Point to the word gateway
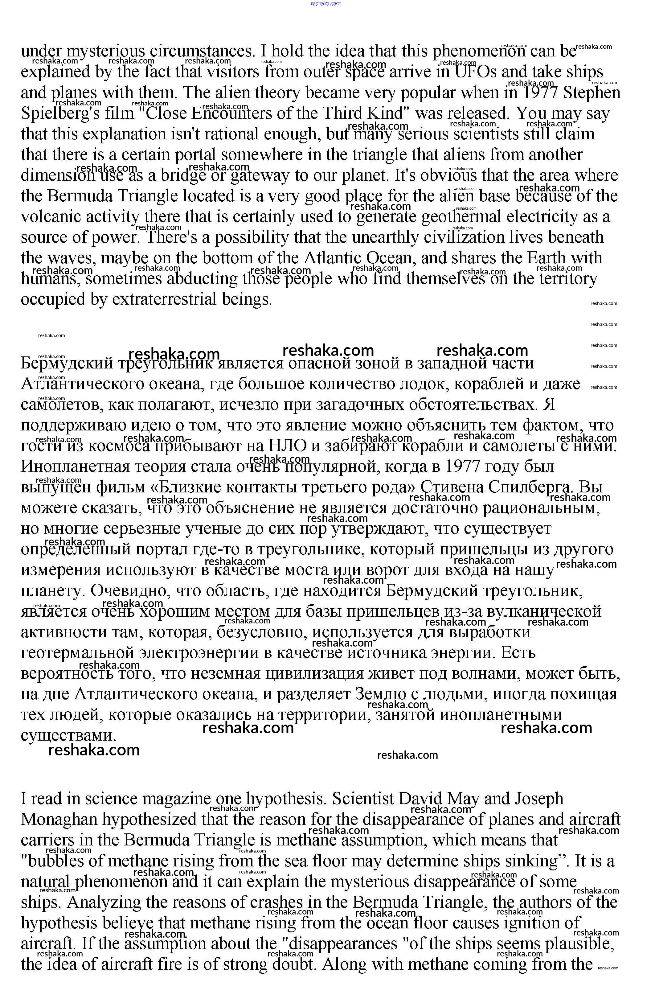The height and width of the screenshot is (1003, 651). point(260,176)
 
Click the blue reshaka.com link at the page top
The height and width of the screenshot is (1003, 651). point(325,3)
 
